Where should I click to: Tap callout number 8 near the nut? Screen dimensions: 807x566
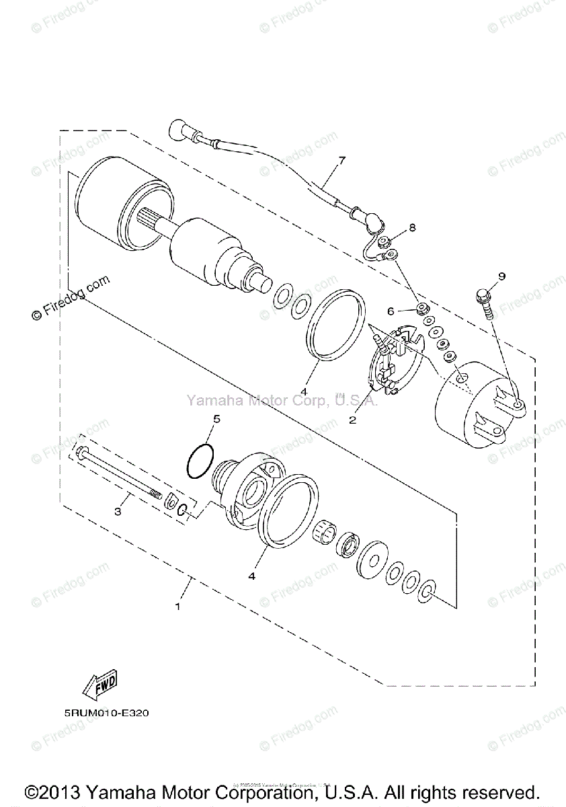[412, 228]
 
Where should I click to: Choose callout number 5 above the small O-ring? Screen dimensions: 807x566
[216, 419]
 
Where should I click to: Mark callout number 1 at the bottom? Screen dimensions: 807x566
[177, 606]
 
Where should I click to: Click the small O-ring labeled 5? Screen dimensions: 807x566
[200, 462]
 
